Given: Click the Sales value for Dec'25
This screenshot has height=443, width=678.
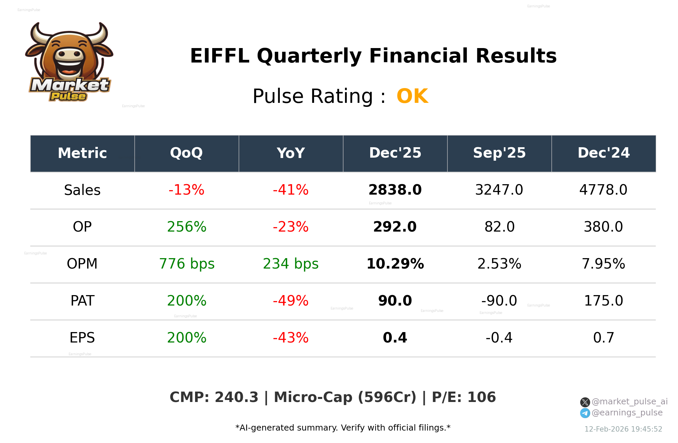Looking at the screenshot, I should pos(395,190).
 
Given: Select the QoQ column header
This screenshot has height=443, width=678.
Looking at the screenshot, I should pos(186,153).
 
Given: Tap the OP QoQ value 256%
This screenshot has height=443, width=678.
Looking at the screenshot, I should pos(187,227).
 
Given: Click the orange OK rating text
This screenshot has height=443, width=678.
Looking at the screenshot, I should pos(412,96).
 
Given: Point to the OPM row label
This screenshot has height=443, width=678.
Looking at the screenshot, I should pos(82,264).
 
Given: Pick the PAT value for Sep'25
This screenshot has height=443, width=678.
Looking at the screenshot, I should pos(499,301).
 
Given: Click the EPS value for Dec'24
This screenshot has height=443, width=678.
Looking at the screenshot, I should pos(603,338).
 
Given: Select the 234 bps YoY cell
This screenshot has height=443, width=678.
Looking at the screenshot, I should pos(291,264).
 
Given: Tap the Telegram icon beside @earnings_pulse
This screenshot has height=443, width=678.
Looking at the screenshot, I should pos(585,413).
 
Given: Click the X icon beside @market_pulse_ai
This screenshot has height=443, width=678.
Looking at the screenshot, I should pos(585,402).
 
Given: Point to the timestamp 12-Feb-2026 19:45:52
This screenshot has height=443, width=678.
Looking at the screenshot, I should pos(623,429).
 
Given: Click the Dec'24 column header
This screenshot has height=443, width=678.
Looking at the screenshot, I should pos(603,153).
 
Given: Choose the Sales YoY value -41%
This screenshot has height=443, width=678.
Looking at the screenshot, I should pos(291,190).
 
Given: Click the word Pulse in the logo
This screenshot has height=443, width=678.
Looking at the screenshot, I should pos(68,96).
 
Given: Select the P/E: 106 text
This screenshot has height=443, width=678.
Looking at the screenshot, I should pos(464,397).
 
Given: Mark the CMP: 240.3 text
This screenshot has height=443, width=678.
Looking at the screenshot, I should pos(214,397).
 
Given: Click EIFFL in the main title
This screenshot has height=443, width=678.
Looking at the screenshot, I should pos(220,56).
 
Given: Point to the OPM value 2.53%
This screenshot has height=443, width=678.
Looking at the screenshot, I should pos(499,264).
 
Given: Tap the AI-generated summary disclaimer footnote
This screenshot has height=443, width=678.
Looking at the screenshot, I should pos(343,428).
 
